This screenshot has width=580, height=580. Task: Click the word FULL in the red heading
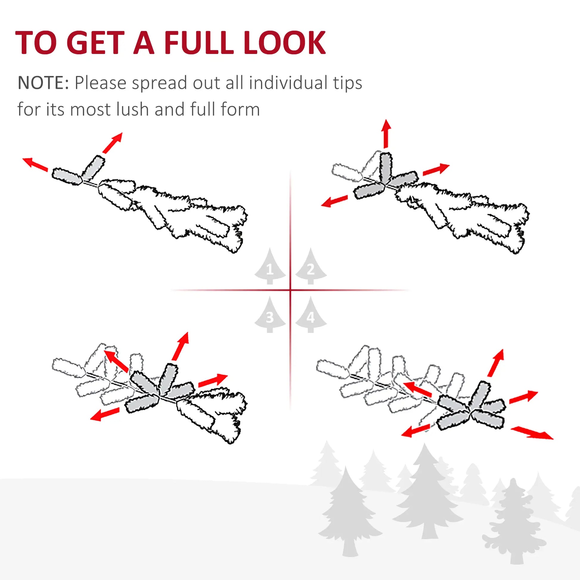[x=198, y=43]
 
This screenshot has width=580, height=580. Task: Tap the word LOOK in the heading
[x=284, y=43]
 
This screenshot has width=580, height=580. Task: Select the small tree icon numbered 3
[x=270, y=316]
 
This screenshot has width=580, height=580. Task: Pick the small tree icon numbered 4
[x=311, y=316]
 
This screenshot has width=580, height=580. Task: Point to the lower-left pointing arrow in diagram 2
[x=334, y=201]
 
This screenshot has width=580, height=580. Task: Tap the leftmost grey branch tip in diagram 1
[x=67, y=176]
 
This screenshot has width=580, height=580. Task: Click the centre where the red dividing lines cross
[x=290, y=290]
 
